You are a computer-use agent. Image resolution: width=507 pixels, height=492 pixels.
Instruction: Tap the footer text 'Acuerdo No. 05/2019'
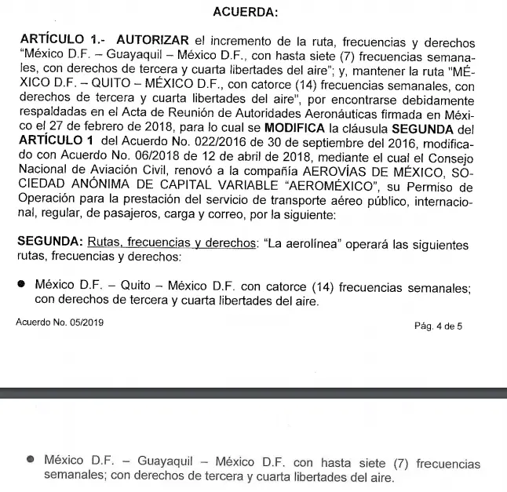tap(59, 322)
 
